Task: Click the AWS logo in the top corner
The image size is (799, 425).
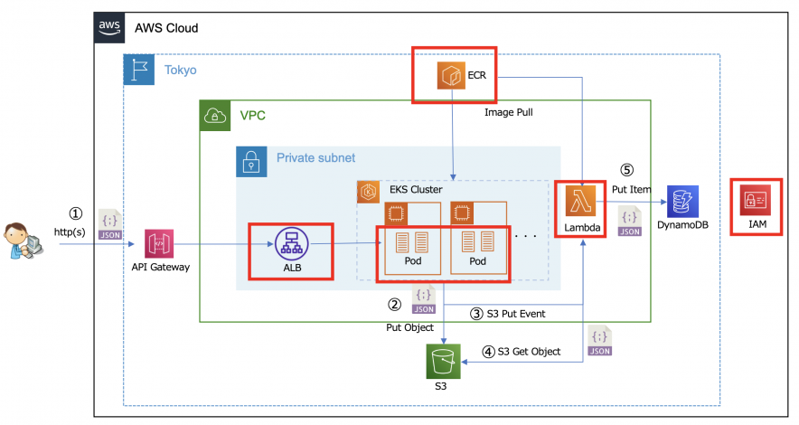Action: pos(108,28)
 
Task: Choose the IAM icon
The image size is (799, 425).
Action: pos(756,201)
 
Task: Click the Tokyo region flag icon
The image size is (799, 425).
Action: pos(138,70)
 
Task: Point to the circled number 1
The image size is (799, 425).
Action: pos(76,214)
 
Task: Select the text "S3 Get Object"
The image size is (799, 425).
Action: pos(528,351)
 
